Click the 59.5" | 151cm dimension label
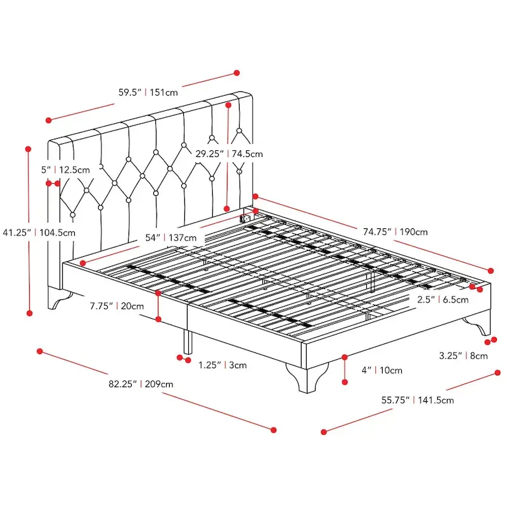147,92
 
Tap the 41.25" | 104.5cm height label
39,233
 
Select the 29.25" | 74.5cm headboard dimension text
229,153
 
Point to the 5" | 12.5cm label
65,170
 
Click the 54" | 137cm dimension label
170,238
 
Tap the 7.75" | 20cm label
117,305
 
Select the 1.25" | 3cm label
222,365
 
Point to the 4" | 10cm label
383,370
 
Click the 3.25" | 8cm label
463,356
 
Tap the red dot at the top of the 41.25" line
28,149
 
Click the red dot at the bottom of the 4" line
345,382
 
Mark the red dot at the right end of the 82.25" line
274,429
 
